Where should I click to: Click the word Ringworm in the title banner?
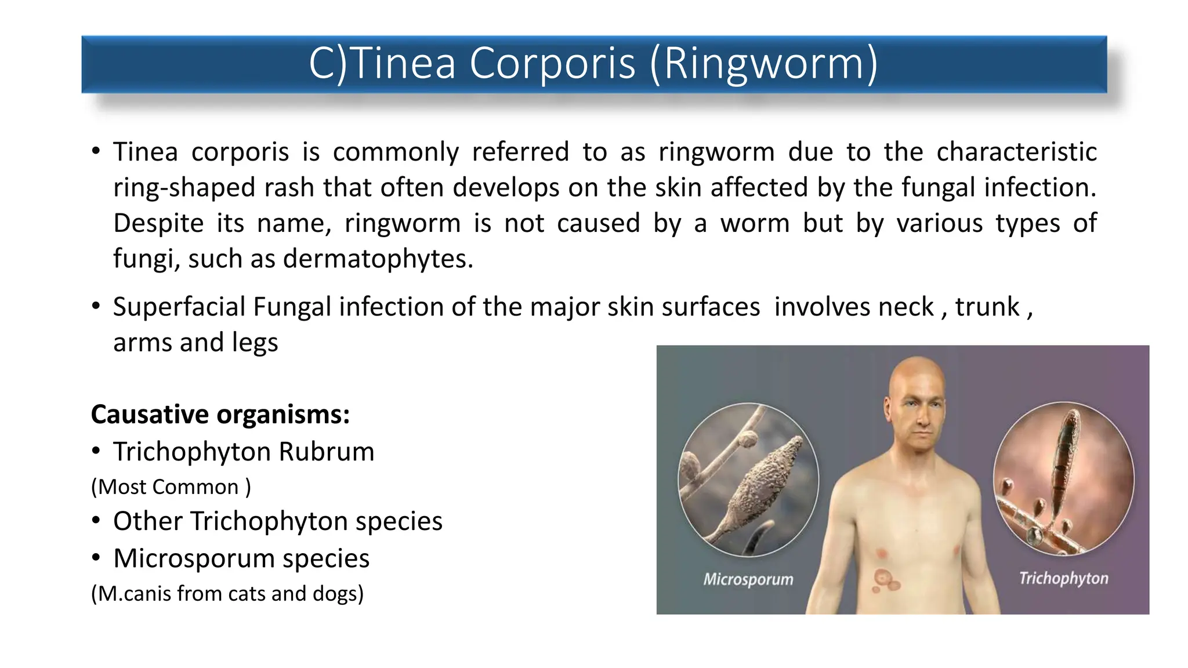(x=765, y=64)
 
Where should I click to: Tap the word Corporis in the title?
(x=552, y=64)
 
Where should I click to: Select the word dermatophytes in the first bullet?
(x=378, y=259)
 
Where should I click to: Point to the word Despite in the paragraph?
(x=158, y=223)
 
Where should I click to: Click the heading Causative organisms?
(x=220, y=415)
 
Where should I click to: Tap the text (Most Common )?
(x=171, y=487)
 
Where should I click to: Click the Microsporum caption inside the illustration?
(x=748, y=579)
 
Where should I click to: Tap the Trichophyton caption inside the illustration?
(x=1063, y=578)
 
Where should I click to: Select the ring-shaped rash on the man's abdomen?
(x=883, y=578)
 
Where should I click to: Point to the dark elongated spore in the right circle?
(x=1065, y=458)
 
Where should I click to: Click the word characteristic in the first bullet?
(x=1016, y=152)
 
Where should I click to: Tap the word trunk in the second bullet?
(x=987, y=307)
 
